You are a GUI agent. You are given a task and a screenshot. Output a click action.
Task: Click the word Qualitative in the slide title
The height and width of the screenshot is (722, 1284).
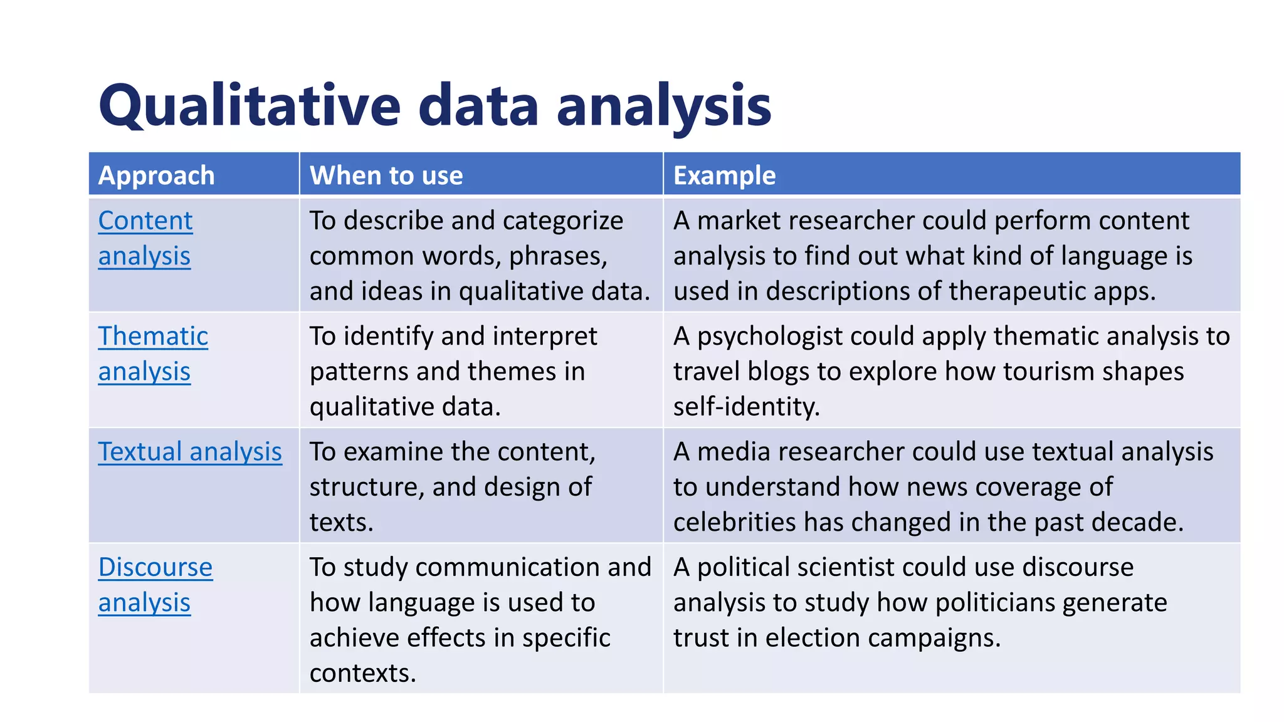[x=249, y=105]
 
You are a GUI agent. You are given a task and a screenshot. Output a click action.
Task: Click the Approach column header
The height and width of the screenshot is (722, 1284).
[x=156, y=175]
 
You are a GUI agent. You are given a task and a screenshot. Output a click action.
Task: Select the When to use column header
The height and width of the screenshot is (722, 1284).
[x=386, y=175]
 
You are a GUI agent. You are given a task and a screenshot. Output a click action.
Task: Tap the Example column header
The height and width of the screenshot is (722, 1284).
[x=724, y=175]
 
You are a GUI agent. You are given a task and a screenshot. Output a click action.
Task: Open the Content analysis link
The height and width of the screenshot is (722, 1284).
[x=145, y=238]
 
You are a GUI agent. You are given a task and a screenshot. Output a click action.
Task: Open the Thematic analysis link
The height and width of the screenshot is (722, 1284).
[x=153, y=353]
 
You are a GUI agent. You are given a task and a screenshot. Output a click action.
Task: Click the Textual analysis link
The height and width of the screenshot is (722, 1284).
[x=190, y=452]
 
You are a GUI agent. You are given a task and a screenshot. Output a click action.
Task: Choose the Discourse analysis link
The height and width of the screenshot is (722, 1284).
[x=155, y=585]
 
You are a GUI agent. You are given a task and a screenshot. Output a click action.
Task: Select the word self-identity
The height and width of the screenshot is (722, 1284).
[x=746, y=407]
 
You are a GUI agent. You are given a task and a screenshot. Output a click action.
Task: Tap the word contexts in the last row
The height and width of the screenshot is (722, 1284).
[x=362, y=673]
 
